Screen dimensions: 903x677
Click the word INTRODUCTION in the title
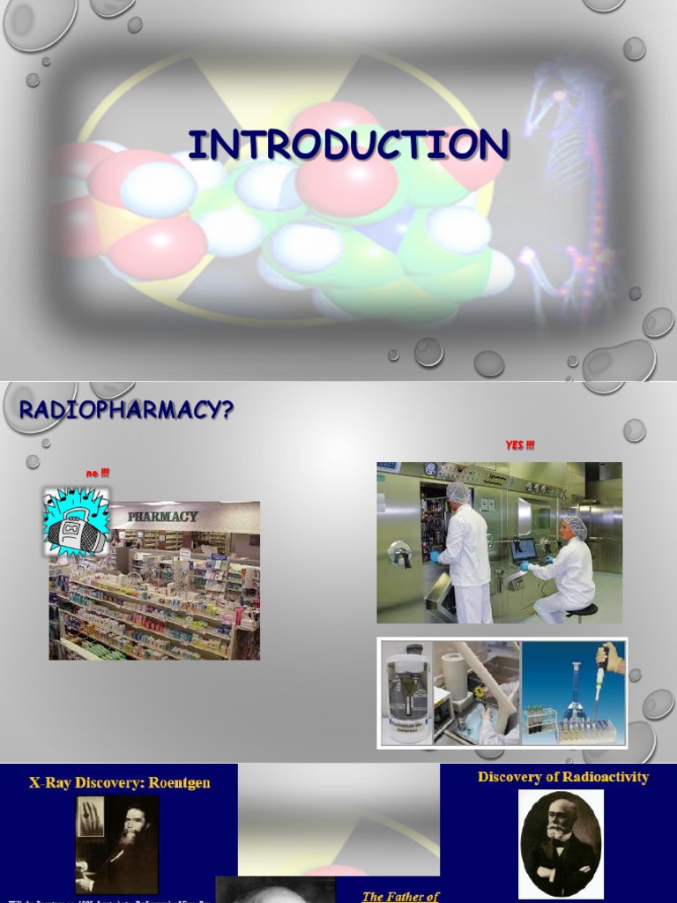click(347, 146)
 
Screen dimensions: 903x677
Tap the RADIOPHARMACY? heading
click(126, 409)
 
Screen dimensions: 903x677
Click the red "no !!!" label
click(97, 474)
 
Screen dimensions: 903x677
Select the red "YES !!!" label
click(519, 445)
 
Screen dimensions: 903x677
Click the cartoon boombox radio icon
click(76, 523)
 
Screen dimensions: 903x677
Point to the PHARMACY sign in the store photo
click(162, 516)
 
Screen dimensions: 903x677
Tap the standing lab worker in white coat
click(464, 551)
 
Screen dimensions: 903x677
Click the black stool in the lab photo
click(581, 611)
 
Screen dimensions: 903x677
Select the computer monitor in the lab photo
click(523, 549)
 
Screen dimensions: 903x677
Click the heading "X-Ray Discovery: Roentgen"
click(120, 782)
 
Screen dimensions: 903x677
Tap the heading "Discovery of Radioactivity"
click(563, 777)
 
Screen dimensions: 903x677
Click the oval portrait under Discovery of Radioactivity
click(561, 844)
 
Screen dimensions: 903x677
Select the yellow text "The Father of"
click(400, 896)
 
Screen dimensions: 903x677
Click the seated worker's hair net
click(575, 526)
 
